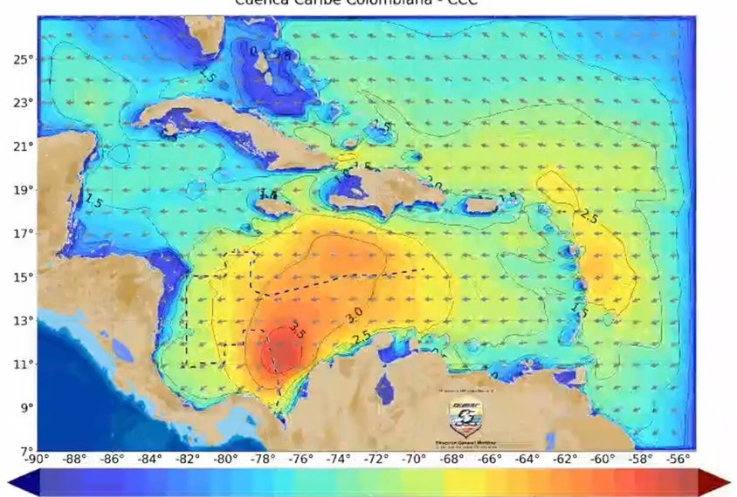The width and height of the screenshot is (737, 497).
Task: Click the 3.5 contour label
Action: [297, 330]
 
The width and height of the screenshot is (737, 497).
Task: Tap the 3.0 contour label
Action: [355, 316]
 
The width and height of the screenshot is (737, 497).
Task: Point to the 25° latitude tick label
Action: [22, 59]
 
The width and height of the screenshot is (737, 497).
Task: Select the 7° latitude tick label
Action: [25, 451]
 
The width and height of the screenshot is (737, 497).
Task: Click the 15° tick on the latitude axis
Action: [22, 277]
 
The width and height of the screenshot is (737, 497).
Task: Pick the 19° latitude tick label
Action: [22, 190]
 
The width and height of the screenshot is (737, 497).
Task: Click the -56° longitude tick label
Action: [679, 460]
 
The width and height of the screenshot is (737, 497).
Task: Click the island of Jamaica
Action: [273, 208]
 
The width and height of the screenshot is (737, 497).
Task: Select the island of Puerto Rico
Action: [481, 206]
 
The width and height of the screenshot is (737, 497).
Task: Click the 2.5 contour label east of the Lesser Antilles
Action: [588, 217]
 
